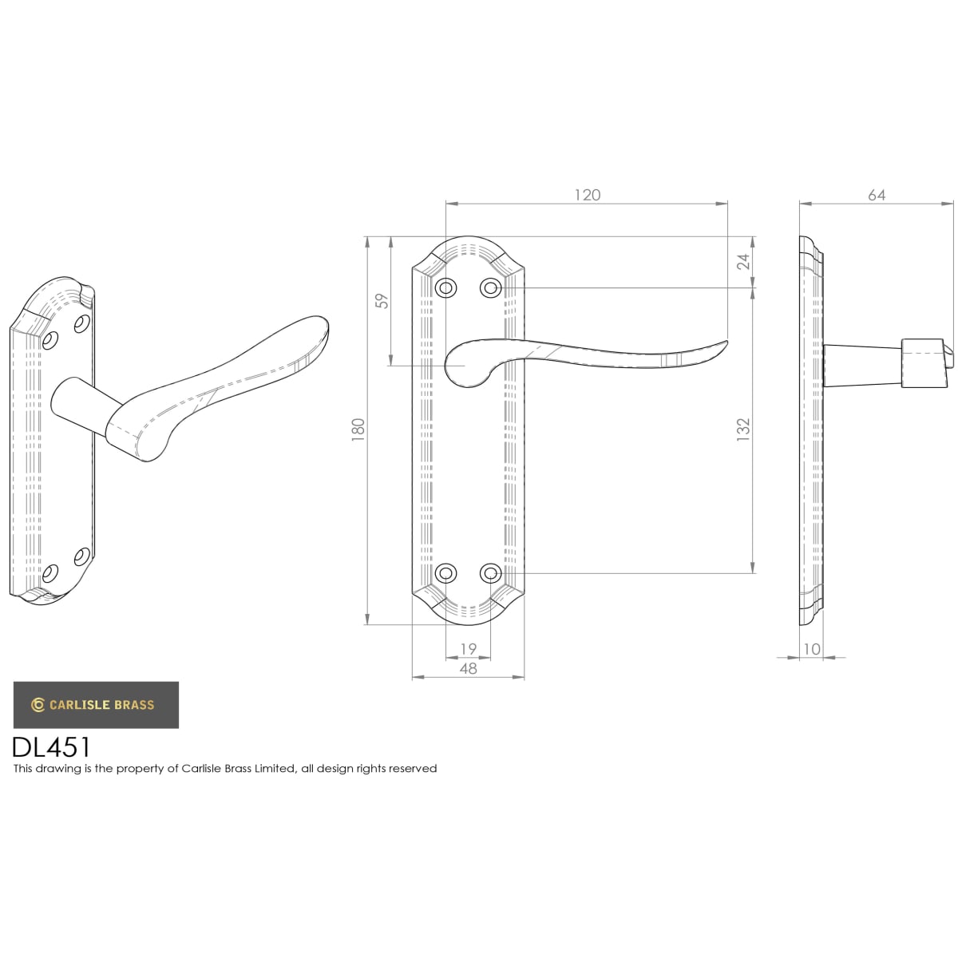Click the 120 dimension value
click(587, 195)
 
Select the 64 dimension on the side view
click(876, 195)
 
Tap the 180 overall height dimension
click(358, 430)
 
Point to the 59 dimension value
click(382, 301)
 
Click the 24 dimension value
click(742, 262)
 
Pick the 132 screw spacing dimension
click(742, 430)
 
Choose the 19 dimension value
click(468, 648)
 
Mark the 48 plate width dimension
click(468, 668)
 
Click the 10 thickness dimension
click(811, 648)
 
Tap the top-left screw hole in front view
click(445, 287)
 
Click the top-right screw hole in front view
click(490, 287)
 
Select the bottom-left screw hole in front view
click(445, 573)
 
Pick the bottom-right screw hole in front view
click(490, 573)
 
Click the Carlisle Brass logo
click(96, 704)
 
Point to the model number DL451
click(52, 746)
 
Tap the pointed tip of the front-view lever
click(726, 341)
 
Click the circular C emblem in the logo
click(38, 705)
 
